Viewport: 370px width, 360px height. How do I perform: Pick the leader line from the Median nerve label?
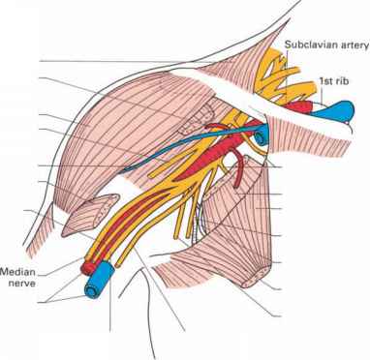pos(58,262)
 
